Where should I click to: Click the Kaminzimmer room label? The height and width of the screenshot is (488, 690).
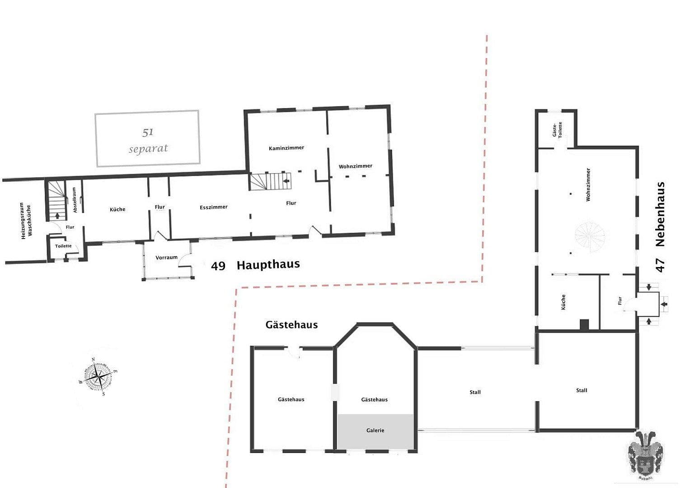point(286,148)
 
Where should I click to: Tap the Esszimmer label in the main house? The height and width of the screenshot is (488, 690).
point(214,207)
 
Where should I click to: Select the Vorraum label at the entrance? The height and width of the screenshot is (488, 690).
point(166,258)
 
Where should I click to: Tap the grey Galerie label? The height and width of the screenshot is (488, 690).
point(375,431)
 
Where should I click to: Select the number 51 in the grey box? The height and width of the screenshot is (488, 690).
point(148,132)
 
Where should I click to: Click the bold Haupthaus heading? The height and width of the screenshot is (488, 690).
point(268,265)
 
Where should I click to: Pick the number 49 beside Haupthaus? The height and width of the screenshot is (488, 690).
point(218,266)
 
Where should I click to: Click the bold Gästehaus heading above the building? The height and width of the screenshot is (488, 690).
point(291,325)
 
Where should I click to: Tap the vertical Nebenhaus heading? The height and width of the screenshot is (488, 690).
point(660,214)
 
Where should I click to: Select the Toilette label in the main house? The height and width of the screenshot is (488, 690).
point(63,246)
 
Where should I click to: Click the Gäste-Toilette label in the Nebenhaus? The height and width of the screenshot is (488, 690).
point(557,130)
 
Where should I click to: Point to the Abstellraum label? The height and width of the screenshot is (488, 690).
point(75,200)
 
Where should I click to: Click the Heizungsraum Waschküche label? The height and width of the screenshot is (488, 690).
point(26,221)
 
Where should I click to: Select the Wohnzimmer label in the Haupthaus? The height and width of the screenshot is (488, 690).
point(356,166)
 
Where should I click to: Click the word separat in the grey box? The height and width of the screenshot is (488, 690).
point(148,149)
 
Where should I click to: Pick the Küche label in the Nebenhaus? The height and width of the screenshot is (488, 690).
point(563,302)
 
